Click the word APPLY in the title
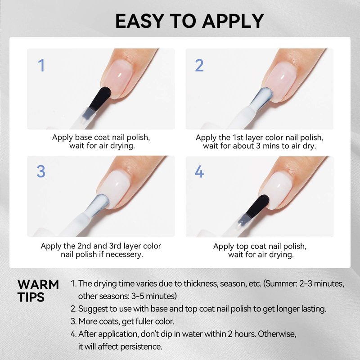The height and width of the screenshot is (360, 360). tap(233, 21)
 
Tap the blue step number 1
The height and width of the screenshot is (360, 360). tap(41, 65)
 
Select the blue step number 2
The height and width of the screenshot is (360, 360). tap(199, 65)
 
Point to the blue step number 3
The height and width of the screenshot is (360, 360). tap(41, 171)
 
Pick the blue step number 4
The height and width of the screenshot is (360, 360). tap(199, 171)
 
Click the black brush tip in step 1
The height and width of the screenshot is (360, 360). tap(100, 98)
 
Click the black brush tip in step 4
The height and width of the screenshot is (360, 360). tap(257, 206)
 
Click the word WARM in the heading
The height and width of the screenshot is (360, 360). tap(38, 285)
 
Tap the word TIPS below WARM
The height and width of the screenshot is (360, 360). tap(31, 297)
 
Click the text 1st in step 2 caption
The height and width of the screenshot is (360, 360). tap(238, 138)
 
